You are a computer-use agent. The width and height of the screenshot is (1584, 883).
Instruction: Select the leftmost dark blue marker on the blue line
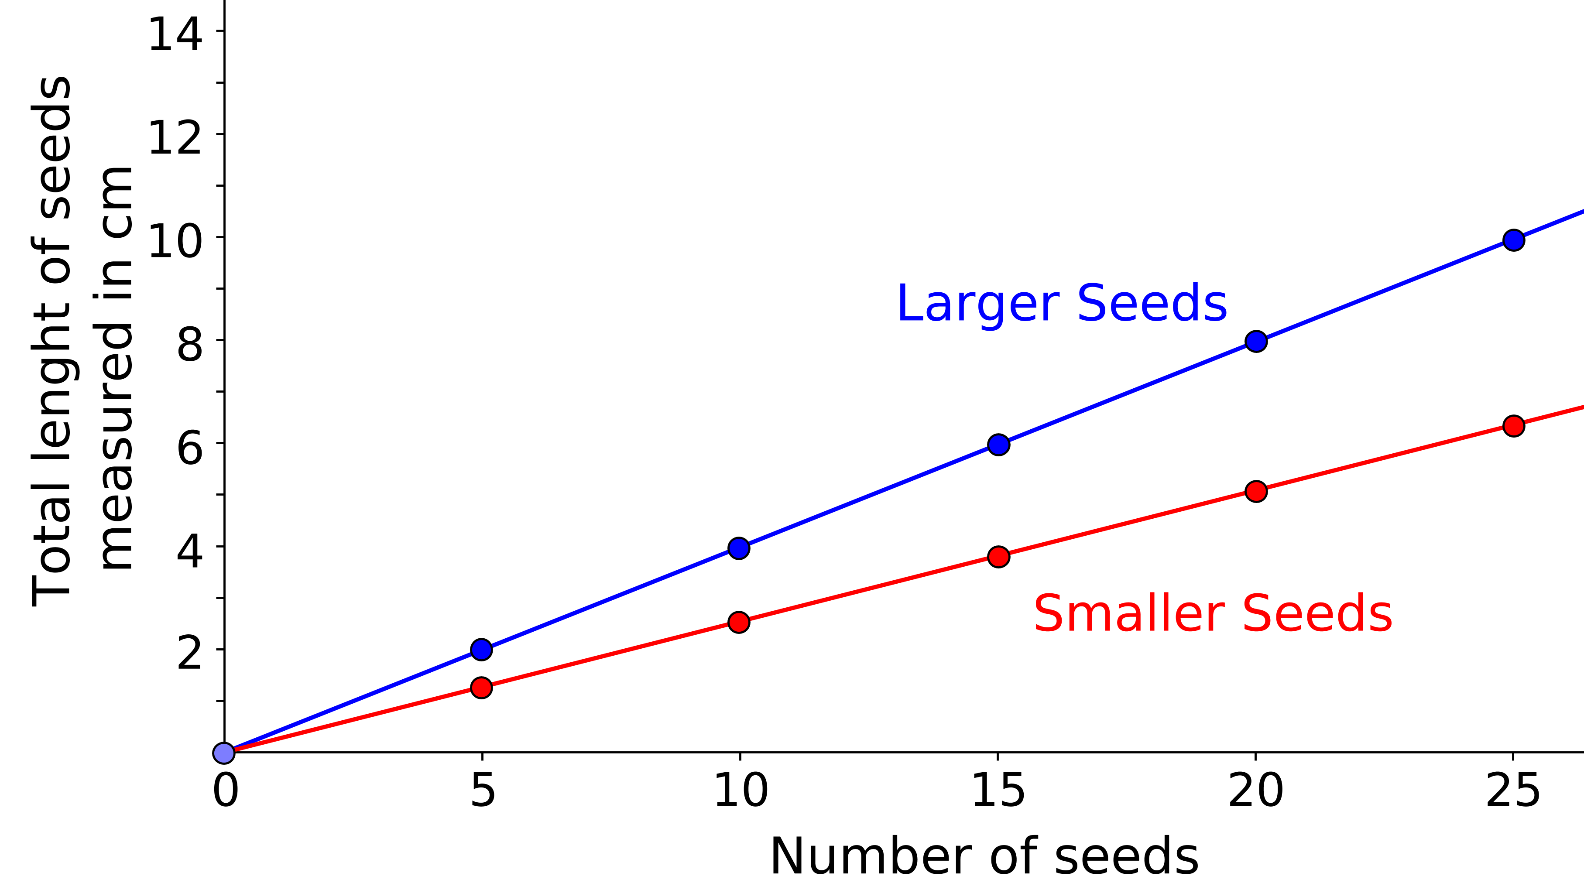coord(481,649)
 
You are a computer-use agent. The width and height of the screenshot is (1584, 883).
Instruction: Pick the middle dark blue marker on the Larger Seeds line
coord(998,445)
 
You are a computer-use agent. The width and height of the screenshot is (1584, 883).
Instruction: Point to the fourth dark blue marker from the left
coord(1256,341)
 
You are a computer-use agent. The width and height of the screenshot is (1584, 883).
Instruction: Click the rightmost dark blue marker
coord(1514,240)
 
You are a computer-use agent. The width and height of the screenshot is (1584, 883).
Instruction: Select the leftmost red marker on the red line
coord(481,688)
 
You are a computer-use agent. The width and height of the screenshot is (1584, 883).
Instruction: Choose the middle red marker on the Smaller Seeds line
coord(998,557)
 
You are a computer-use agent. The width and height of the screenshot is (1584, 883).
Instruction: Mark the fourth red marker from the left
coord(1256,491)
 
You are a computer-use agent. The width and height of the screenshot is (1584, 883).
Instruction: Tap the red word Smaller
coord(1129,614)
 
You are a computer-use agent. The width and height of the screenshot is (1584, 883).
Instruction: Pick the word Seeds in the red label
coord(1317,614)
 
